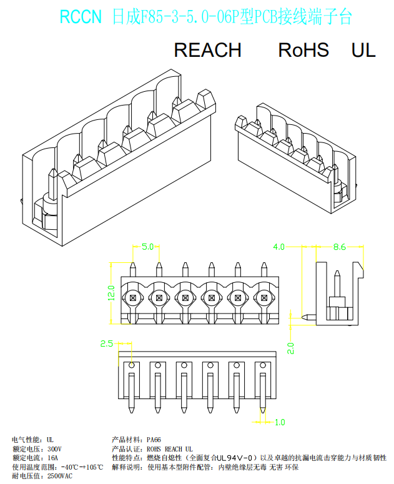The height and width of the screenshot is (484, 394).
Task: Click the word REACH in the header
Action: pyautogui.click(x=207, y=50)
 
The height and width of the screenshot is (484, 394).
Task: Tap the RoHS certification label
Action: pyautogui.click(x=303, y=50)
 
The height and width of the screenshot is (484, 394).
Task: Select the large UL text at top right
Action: pyautogui.click(x=363, y=50)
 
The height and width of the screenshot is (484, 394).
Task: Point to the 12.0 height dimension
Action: pyautogui.click(x=111, y=293)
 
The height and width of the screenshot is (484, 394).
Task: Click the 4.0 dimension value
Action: pyautogui.click(x=278, y=247)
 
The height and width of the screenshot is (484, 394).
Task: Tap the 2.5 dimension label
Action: pyautogui.click(x=106, y=343)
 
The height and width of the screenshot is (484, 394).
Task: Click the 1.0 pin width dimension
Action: pyautogui.click(x=280, y=422)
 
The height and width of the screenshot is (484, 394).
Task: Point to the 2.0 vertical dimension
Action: pyautogui.click(x=290, y=348)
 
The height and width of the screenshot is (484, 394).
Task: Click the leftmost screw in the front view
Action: pyautogui.click(x=133, y=298)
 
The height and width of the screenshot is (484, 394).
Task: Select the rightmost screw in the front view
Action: pyautogui.click(x=263, y=298)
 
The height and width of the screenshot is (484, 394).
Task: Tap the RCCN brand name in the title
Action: pyautogui.click(x=81, y=17)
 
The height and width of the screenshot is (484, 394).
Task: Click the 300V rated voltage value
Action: pyautogui.click(x=54, y=449)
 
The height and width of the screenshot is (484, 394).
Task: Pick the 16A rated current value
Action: pyautogui.click(x=52, y=458)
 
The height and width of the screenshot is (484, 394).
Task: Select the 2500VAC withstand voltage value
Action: pyautogui.click(x=60, y=476)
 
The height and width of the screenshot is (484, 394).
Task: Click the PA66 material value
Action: pyautogui.click(x=154, y=440)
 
